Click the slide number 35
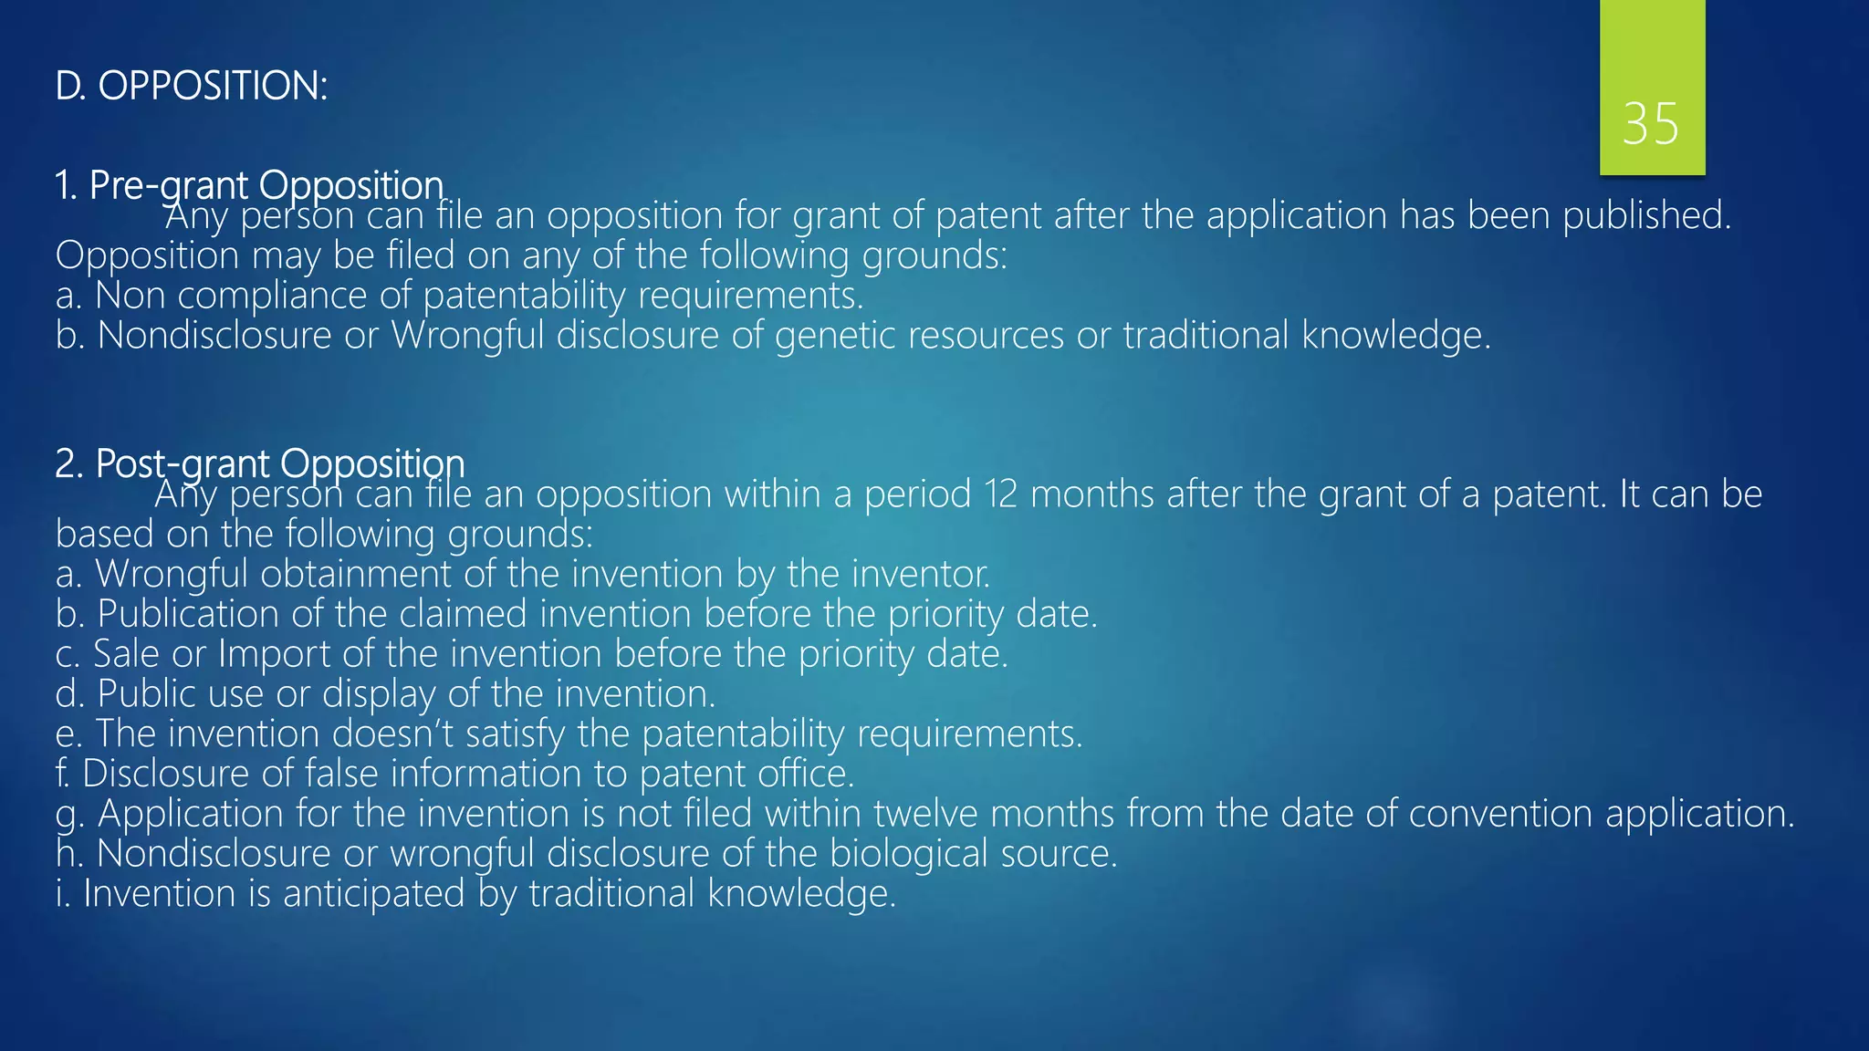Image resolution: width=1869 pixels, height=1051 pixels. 1650,124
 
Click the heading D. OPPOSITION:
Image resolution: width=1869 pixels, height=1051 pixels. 191,87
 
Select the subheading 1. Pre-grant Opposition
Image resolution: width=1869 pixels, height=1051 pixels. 248,185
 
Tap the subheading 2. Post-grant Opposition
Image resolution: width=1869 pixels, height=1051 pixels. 259,463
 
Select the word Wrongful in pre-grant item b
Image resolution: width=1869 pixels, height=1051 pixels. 466,336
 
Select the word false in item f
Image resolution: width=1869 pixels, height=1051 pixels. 340,775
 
